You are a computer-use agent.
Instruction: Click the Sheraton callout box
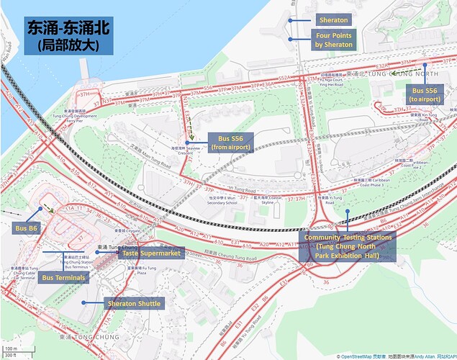(x=333, y=20)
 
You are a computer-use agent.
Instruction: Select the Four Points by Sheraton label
(x=333, y=40)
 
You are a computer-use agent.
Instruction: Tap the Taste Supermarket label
(x=152, y=253)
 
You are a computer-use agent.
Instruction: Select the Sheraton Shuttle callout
(x=134, y=304)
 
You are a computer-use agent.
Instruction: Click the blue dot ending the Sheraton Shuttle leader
(x=83, y=302)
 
